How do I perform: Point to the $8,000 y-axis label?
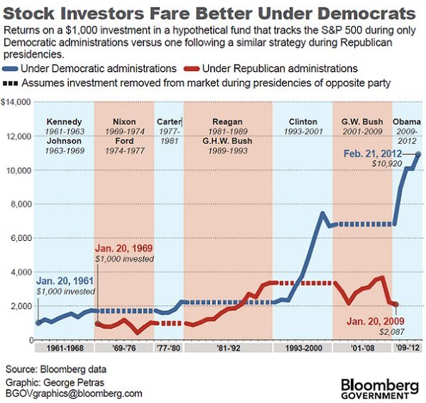(18, 204)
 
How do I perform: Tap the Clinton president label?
(302, 122)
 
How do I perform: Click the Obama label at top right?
(408, 122)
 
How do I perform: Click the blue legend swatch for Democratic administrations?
(12, 68)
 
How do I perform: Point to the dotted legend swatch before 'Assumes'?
(12, 82)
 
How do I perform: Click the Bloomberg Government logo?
(376, 388)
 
